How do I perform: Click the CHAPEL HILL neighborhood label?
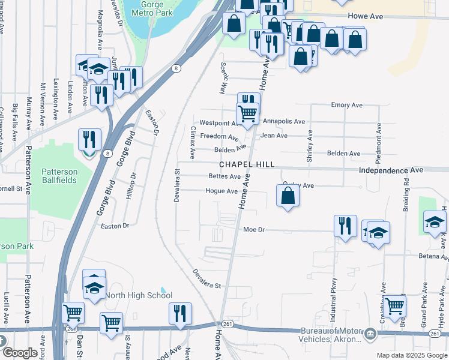247,164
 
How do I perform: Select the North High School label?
139,295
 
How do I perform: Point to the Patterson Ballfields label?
59,176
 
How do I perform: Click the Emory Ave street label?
346,105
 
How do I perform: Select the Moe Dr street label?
254,230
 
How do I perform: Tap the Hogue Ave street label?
221,191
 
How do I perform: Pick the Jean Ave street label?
274,136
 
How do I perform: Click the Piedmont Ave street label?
379,138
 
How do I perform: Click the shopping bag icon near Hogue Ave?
288,196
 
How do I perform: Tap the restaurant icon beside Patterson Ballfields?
89,139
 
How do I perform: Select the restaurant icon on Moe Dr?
345,226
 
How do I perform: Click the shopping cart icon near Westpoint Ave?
247,113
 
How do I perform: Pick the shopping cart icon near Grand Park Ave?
395,307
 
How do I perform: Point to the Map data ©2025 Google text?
411,355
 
